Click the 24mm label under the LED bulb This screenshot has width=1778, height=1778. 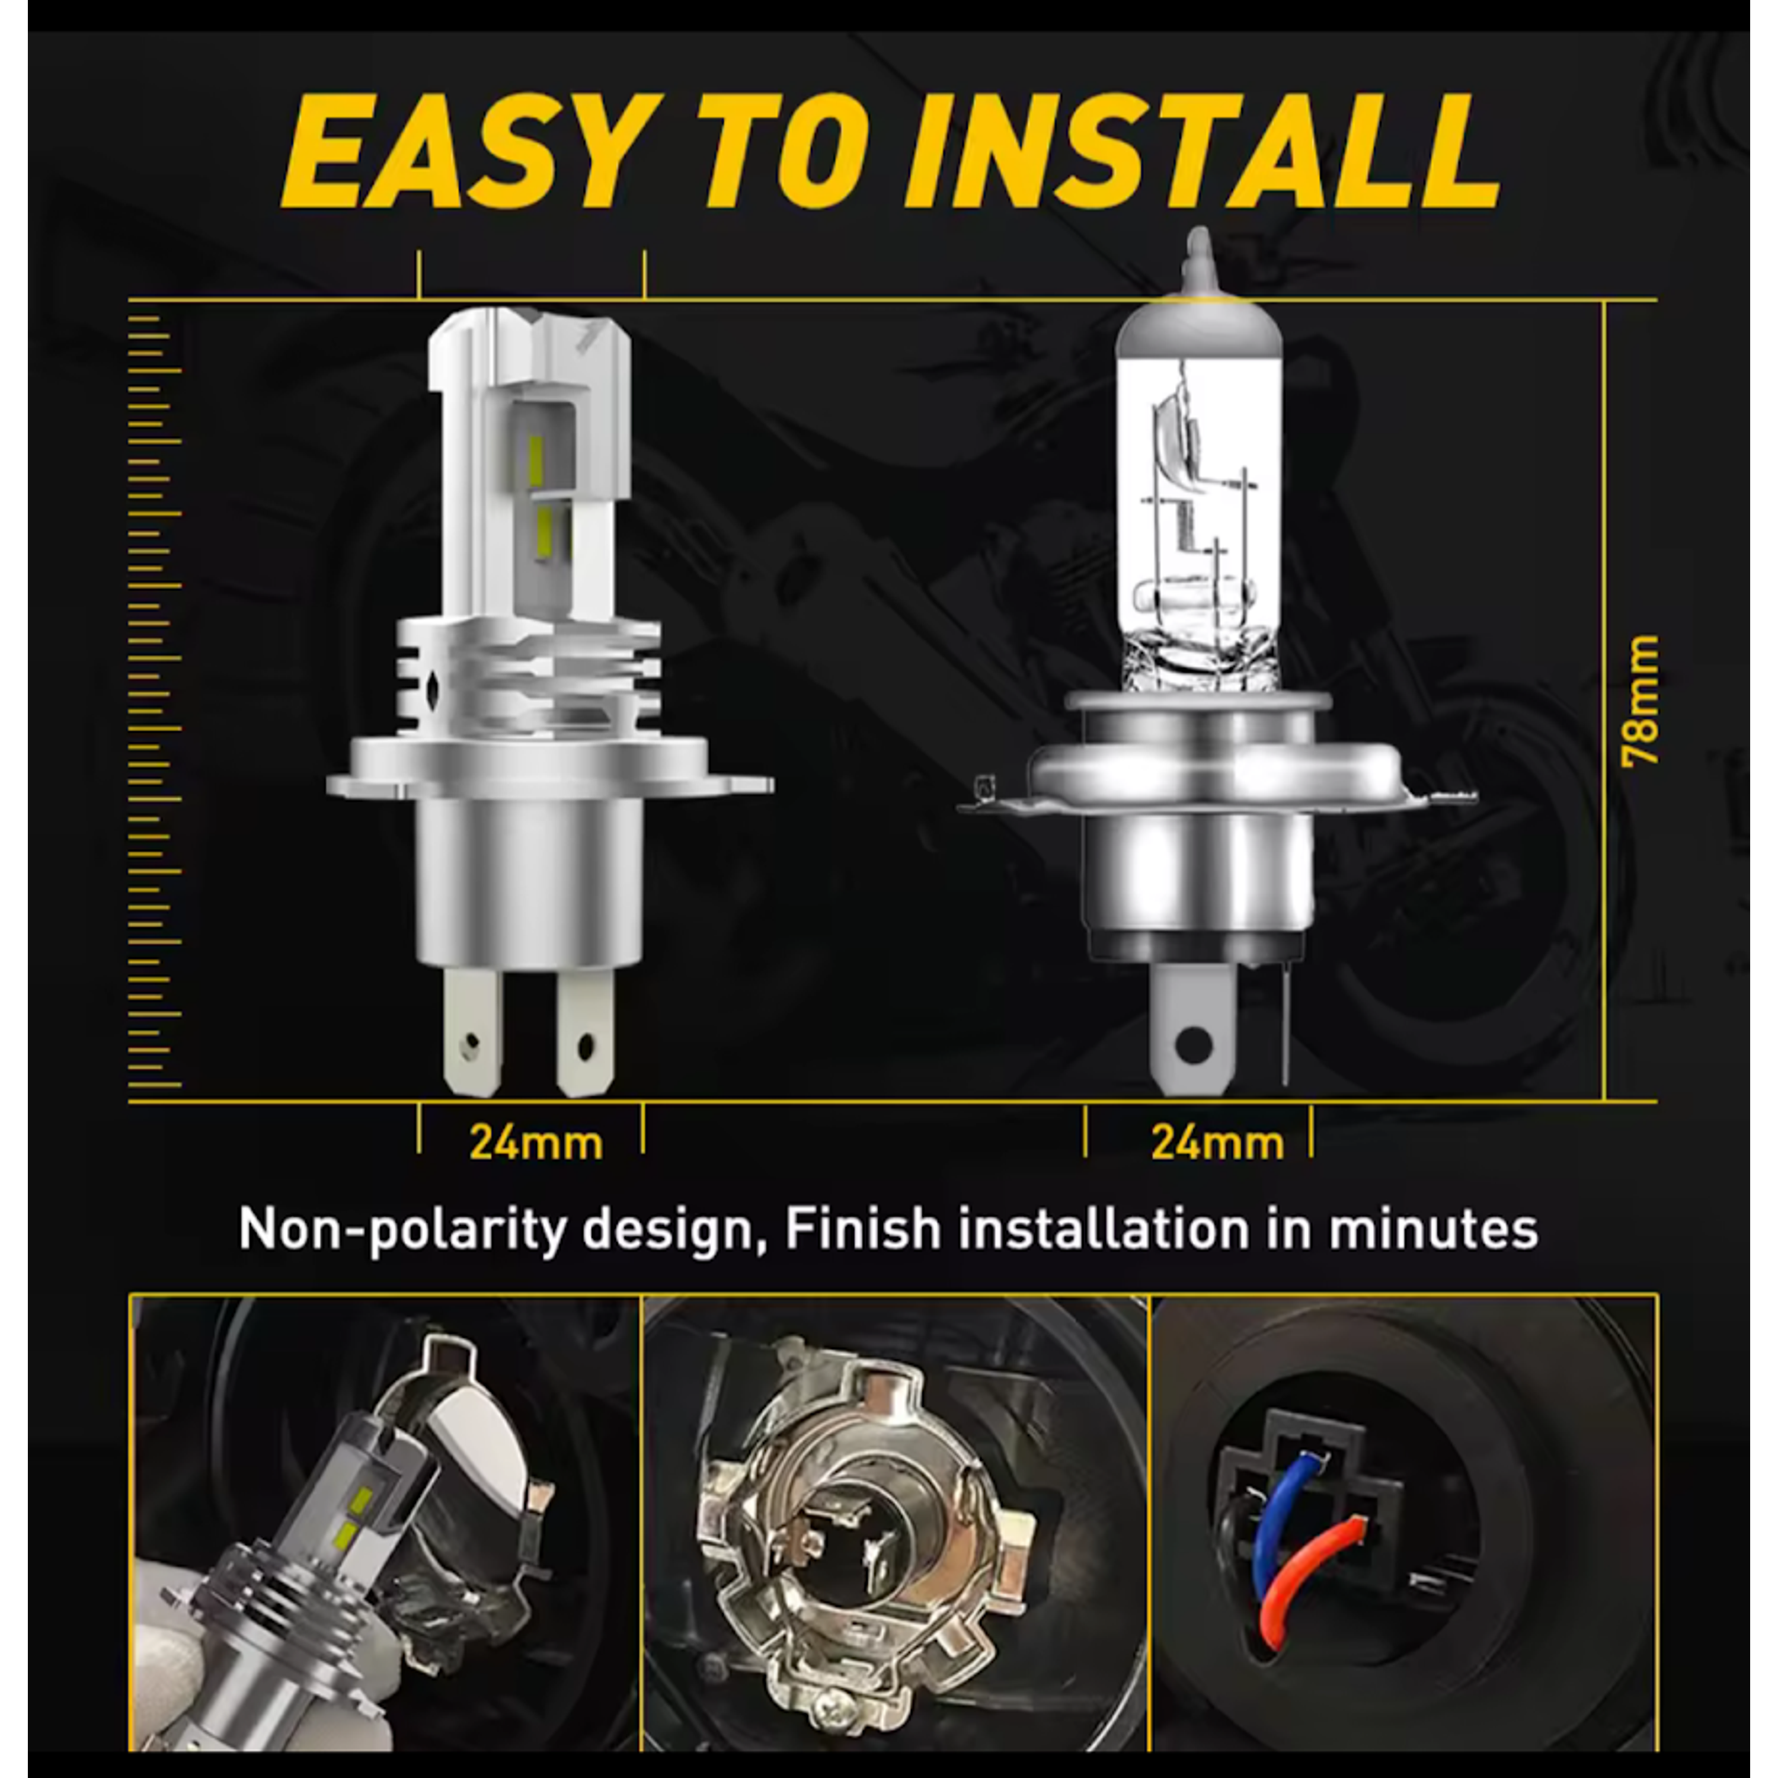pos(536,1143)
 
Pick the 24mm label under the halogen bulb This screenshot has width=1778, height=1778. pos(1217,1143)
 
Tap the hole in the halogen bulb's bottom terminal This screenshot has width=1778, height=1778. pos(1194,1044)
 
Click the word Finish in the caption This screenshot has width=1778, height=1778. pos(864,1230)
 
